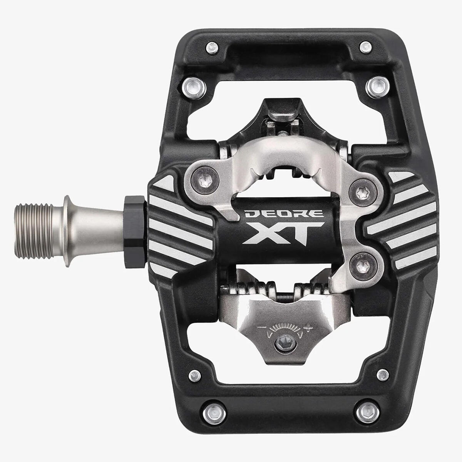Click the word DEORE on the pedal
283,213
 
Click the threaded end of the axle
33,231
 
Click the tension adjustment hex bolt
285,343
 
